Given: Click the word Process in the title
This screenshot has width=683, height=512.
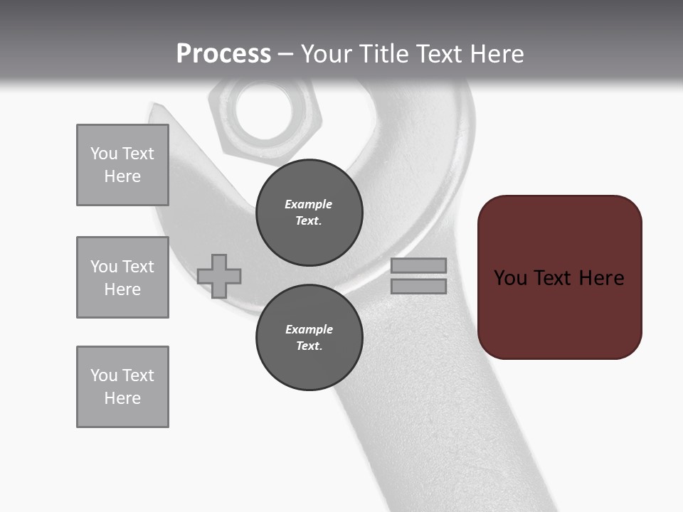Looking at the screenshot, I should [223, 54].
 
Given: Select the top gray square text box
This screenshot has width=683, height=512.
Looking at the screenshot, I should [122, 165].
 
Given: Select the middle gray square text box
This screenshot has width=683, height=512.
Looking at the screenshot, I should [122, 277].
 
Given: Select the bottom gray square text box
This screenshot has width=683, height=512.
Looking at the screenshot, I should [122, 387].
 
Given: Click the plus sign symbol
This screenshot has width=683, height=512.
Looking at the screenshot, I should [219, 276].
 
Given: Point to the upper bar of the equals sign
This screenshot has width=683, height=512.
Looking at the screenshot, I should [418, 266].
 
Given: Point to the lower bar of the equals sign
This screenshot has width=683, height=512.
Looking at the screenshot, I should [418, 287].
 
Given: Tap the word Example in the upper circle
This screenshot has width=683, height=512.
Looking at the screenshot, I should [308, 204].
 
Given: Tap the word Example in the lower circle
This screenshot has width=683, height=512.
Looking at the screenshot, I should [309, 329].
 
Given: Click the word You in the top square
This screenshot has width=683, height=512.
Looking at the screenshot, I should [104, 154].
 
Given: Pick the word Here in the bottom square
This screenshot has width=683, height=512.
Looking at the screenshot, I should [122, 398].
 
